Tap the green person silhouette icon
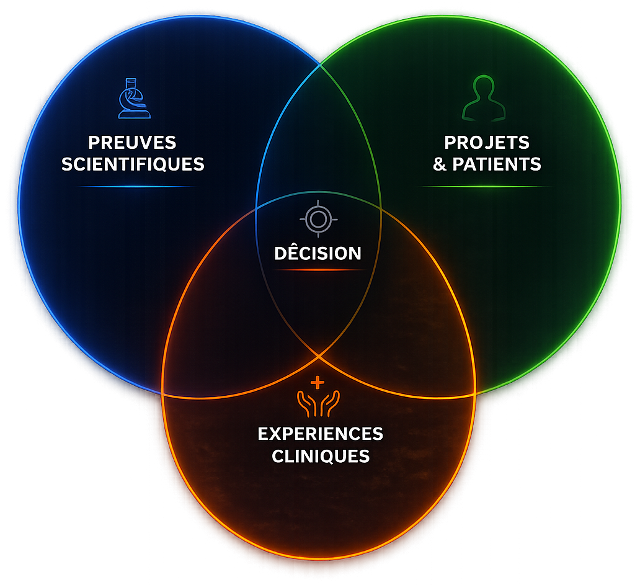(484, 98)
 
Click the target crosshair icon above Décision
(318, 219)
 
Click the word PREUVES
(132, 143)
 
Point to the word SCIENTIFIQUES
(133, 164)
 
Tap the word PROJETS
(487, 143)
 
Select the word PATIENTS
(497, 164)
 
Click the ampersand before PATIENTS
(440, 164)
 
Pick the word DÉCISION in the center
(318, 253)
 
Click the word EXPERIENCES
(321, 434)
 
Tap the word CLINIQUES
(321, 456)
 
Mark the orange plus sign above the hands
(317, 383)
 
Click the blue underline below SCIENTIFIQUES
(136, 187)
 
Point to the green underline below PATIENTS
(484, 187)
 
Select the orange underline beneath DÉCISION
(318, 270)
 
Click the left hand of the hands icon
(308, 403)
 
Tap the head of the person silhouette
(484, 87)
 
